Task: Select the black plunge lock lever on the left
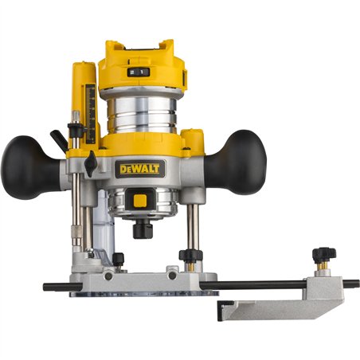(60, 140)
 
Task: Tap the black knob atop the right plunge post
(189, 256)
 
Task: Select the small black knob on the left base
(118, 259)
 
